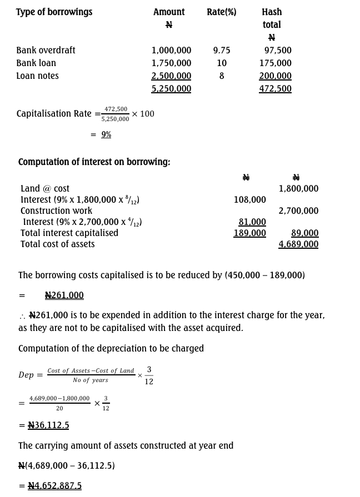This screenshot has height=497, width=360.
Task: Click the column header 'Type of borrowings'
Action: click(54, 12)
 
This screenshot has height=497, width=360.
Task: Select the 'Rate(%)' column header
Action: click(221, 12)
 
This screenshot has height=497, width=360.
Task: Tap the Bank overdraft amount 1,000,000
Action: click(171, 50)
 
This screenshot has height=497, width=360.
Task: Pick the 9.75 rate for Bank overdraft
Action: click(221, 50)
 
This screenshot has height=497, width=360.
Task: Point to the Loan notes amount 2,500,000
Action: click(171, 76)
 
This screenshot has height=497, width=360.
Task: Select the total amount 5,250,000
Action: click(171, 88)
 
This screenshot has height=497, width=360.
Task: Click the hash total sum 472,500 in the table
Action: click(275, 88)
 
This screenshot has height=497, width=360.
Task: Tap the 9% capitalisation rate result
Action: click(106, 134)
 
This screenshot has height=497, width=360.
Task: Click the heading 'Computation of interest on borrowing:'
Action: click(94, 162)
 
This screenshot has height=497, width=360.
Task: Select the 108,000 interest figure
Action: click(249, 199)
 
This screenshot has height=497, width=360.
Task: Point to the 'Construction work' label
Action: click(56, 210)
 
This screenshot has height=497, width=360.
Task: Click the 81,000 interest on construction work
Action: click(252, 222)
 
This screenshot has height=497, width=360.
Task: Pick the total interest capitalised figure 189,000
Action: click(249, 233)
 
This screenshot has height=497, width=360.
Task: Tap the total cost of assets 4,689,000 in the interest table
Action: click(298, 244)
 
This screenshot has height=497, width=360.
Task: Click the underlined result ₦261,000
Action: click(64, 295)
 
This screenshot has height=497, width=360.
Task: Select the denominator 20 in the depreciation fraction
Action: click(59, 408)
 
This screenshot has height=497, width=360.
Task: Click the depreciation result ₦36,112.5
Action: click(48, 425)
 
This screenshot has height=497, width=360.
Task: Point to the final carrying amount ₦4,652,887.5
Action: click(54, 485)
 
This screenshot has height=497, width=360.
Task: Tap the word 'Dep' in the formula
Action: click(26, 375)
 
